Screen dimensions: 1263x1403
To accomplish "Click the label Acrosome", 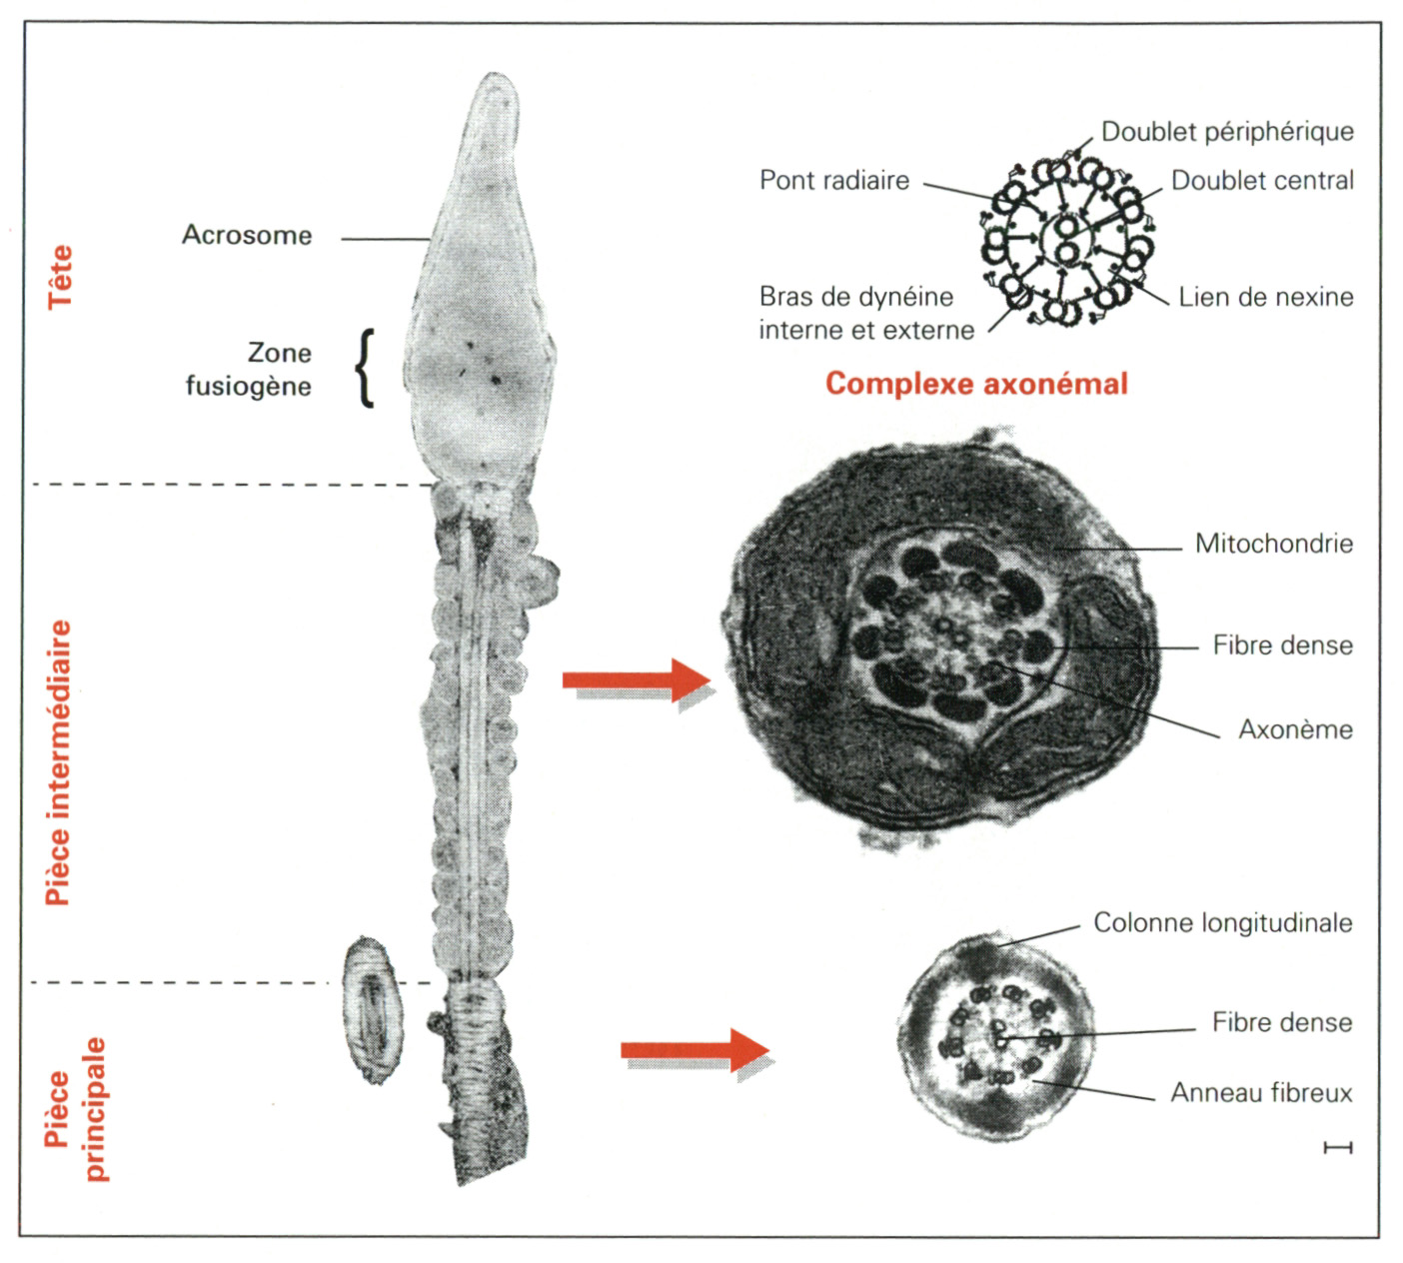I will pyautogui.click(x=247, y=236).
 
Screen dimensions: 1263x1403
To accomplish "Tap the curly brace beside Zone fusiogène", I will pyautogui.click(x=366, y=368).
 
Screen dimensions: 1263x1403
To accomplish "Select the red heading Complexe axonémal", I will pyautogui.click(x=976, y=384).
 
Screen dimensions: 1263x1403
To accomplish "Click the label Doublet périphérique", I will pyautogui.click(x=1227, y=132).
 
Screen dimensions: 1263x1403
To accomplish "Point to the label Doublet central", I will pyautogui.click(x=1262, y=181).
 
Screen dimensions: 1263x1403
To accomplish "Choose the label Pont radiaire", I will pyautogui.click(x=834, y=181).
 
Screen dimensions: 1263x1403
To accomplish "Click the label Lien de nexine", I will pyautogui.click(x=1265, y=297).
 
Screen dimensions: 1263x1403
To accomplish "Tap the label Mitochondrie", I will pyautogui.click(x=1274, y=545).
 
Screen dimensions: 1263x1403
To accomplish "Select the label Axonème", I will pyautogui.click(x=1295, y=729).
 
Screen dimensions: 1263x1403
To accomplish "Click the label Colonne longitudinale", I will pyautogui.click(x=1222, y=922).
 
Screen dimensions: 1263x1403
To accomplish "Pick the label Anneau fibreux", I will pyautogui.click(x=1261, y=1093).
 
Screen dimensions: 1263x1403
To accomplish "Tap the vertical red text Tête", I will pyautogui.click(x=61, y=276).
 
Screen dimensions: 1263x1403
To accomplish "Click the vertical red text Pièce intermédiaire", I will pyautogui.click(x=59, y=762).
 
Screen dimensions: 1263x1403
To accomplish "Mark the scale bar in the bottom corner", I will pyautogui.click(x=1337, y=1148).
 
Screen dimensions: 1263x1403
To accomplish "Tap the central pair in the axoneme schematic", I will pyautogui.click(x=1067, y=240).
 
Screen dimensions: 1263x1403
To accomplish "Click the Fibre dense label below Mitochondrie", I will pyautogui.click(x=1282, y=645).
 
